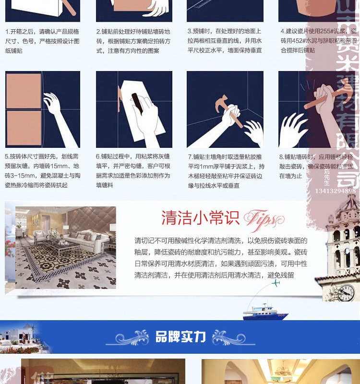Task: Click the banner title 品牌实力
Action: tap(180, 337)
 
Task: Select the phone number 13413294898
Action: tap(336, 191)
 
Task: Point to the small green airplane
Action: tap(276, 283)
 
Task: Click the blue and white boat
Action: tap(264, 313)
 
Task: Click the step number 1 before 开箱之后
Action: tap(7, 31)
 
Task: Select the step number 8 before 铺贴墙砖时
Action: tap(281, 156)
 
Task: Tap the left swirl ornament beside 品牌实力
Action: tap(127, 337)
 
